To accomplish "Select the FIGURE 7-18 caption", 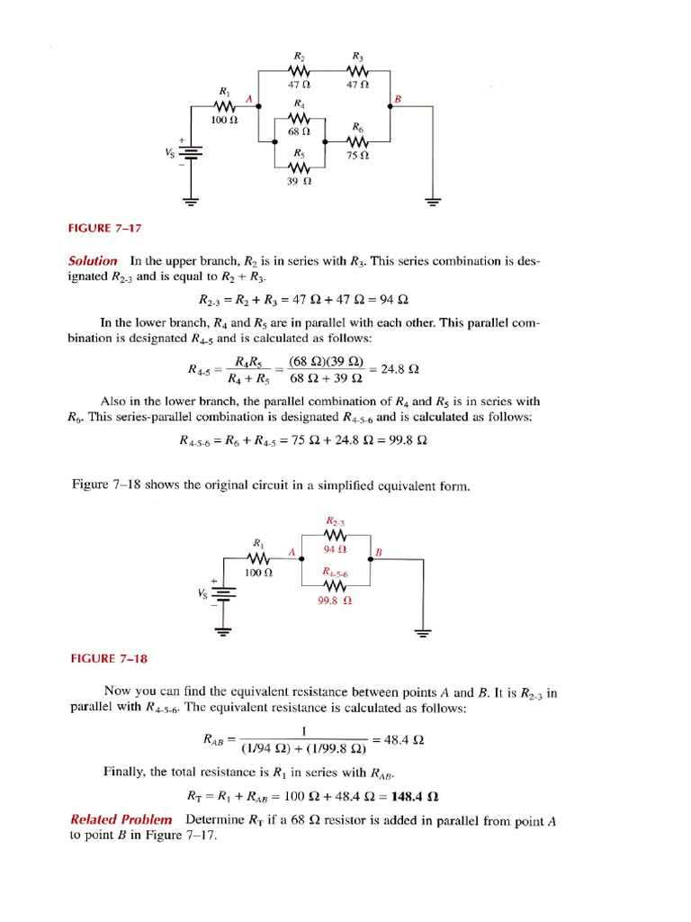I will coord(108,658).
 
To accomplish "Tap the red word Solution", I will coord(94,261).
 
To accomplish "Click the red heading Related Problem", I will coord(121,819).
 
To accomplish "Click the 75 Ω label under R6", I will coord(357,156).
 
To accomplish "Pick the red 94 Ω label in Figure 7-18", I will coord(335,548).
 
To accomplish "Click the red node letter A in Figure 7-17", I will coord(248,98).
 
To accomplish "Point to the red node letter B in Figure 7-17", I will coord(398,97).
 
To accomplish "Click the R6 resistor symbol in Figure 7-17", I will coord(357,142).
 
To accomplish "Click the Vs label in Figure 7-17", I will coord(168,152).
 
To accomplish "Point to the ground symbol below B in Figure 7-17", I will coord(433,202).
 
